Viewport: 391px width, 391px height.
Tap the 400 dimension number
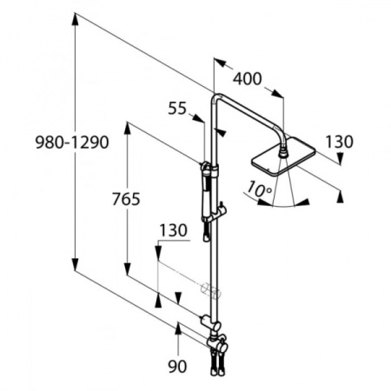[248, 79]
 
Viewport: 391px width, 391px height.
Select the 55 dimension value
[178, 109]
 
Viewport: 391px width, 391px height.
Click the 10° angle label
[258, 187]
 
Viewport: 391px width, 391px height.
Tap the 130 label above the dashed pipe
[172, 230]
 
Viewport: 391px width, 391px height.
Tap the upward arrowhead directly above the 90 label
[178, 328]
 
